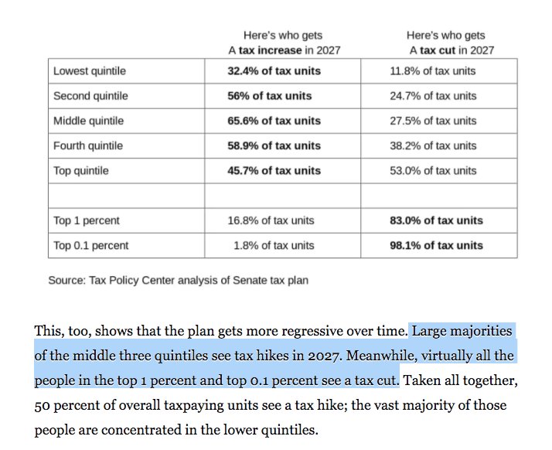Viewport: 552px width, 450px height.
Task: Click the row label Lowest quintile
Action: (90, 71)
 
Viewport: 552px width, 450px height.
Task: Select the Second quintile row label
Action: (90, 96)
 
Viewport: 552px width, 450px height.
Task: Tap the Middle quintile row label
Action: (88, 121)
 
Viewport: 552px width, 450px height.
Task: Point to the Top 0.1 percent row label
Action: (91, 245)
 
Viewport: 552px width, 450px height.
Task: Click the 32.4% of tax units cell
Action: (274, 71)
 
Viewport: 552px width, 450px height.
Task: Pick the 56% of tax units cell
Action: (270, 96)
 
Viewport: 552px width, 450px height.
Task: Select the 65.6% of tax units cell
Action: (274, 121)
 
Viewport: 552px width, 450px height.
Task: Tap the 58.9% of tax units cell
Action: (274, 145)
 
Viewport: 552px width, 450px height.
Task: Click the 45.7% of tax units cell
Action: (274, 170)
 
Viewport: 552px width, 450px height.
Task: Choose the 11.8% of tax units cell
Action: (433, 71)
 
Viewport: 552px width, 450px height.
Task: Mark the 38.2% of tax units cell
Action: (433, 145)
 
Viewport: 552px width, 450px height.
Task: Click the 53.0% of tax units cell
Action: (433, 170)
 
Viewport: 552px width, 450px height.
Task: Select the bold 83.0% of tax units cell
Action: (436, 220)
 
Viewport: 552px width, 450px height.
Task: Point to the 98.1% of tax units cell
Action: (436, 245)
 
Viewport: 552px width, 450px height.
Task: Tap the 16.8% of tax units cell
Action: (271, 220)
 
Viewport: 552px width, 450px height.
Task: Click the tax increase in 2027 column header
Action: (283, 43)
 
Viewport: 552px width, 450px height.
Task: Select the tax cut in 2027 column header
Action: (451, 43)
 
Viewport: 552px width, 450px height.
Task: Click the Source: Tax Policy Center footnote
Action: (178, 280)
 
